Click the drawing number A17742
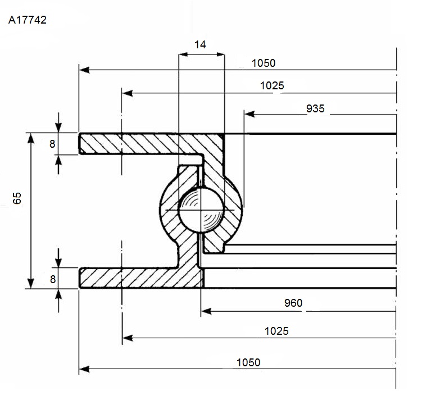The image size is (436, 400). pyautogui.click(x=28, y=20)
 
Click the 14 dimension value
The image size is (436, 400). pyautogui.click(x=200, y=44)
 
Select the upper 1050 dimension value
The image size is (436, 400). pyautogui.click(x=264, y=63)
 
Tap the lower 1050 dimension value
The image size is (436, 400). pyautogui.click(x=248, y=362)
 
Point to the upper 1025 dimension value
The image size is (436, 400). pyautogui.click(x=272, y=85)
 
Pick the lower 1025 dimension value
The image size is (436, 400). pyautogui.click(x=276, y=331)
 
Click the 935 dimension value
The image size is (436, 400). pyautogui.click(x=315, y=108)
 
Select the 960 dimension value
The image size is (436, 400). pyautogui.click(x=293, y=303)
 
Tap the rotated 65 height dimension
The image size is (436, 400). pyautogui.click(x=17, y=198)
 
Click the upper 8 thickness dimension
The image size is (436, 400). pyautogui.click(x=52, y=144)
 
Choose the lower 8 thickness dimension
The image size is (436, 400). pyautogui.click(x=53, y=279)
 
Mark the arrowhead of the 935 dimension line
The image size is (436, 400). pyautogui.click(x=249, y=114)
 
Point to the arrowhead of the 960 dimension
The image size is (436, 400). pyautogui.click(x=206, y=311)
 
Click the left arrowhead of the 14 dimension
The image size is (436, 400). pyautogui.click(x=183, y=54)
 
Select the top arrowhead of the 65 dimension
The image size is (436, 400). pyautogui.click(x=31, y=138)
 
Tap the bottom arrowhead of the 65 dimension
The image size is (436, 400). pyautogui.click(x=31, y=283)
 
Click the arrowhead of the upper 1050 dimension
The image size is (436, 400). pyautogui.click(x=84, y=70)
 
